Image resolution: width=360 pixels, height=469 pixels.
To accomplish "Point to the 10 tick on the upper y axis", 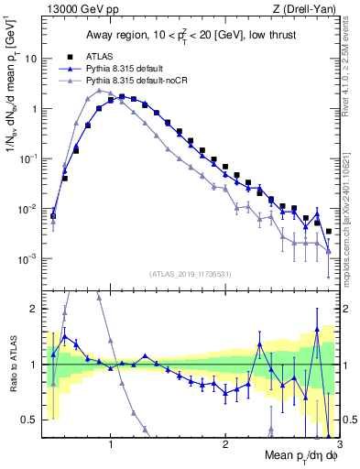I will point(32,59).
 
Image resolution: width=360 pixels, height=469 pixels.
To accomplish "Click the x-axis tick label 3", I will point(339,445).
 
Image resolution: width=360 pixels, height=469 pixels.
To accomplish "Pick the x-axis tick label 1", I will point(110,445).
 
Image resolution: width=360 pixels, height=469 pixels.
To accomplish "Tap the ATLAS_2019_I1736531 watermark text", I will point(190,274).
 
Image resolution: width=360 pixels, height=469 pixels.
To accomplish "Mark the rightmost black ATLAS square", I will point(328,231).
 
